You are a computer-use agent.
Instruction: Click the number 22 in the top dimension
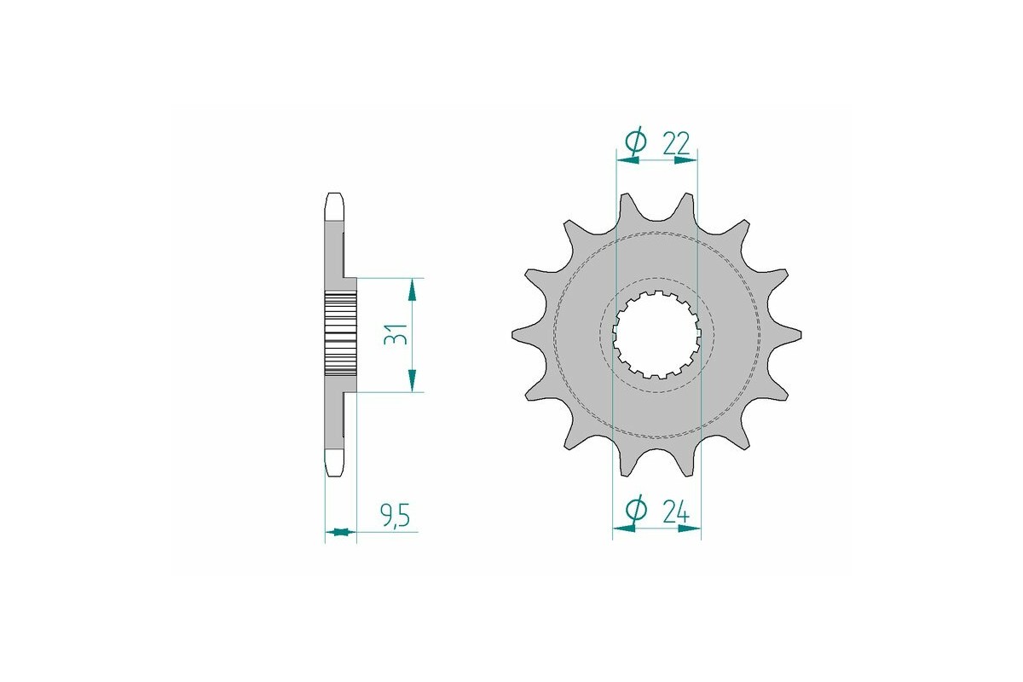[675, 142]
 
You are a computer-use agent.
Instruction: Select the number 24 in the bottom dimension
[675, 511]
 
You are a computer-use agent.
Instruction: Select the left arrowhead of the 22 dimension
[627, 159]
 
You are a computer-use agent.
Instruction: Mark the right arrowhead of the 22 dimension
[686, 159]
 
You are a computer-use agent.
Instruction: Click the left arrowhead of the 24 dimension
[625, 529]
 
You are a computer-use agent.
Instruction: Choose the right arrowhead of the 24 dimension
[689, 529]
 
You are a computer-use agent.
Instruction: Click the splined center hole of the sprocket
[656, 335]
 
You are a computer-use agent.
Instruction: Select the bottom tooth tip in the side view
[335, 465]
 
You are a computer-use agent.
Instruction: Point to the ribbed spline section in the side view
[339, 335]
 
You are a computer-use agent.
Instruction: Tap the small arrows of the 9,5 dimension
[340, 533]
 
